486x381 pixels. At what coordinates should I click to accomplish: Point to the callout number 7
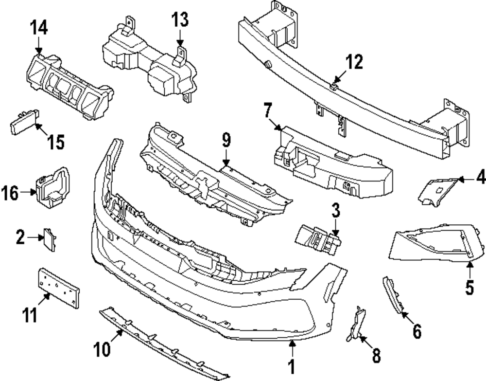(x=267, y=111)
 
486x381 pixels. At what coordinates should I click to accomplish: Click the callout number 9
(x=226, y=142)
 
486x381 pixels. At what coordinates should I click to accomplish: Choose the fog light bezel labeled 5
(x=433, y=243)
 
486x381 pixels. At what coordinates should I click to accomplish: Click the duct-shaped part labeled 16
(x=51, y=187)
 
